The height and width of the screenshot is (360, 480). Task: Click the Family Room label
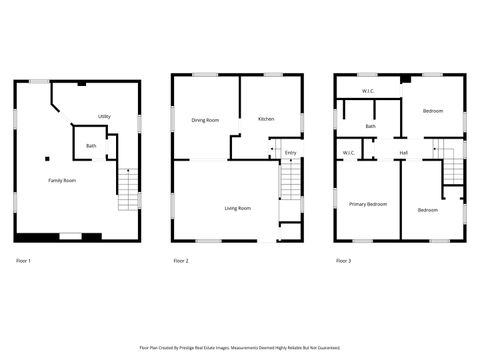[x=62, y=180]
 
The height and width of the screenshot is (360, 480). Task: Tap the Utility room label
[x=104, y=117]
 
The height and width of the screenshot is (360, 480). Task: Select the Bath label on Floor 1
[x=91, y=147]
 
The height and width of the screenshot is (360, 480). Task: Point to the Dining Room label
[x=205, y=120]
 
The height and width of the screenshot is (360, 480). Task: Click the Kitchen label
[x=266, y=119]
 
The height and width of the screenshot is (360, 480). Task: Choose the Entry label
[x=290, y=152]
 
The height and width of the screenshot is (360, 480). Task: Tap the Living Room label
[x=237, y=208]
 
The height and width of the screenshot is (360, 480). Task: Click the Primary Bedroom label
[x=367, y=204]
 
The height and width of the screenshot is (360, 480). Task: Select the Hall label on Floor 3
[x=403, y=153]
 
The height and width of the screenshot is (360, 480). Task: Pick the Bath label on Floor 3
[x=371, y=127]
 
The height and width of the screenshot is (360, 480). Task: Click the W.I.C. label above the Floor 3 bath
[x=368, y=92]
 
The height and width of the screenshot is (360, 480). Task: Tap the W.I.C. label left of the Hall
[x=349, y=153]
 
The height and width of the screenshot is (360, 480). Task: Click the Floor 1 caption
[x=24, y=261]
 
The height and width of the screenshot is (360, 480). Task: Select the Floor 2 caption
[x=181, y=261]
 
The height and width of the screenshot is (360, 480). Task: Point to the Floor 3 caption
[x=343, y=261]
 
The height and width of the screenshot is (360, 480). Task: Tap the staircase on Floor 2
[x=290, y=183]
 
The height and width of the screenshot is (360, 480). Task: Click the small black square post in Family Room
[x=46, y=157]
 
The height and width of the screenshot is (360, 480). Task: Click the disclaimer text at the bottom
[x=240, y=348]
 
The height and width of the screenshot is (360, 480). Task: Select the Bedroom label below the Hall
[x=428, y=210]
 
